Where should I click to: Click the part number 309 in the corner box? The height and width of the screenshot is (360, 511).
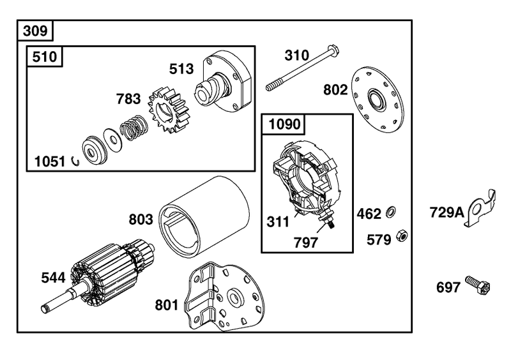tap(35, 31)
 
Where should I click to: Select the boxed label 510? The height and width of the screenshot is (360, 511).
tap(44, 57)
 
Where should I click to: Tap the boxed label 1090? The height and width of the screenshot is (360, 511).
tap(284, 124)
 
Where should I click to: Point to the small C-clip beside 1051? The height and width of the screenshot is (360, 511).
tap(75, 161)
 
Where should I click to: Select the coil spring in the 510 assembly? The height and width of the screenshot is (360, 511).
tap(133, 128)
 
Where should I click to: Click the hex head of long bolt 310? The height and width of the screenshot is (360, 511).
tap(333, 50)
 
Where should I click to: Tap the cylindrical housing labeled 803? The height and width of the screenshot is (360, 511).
tap(204, 216)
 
